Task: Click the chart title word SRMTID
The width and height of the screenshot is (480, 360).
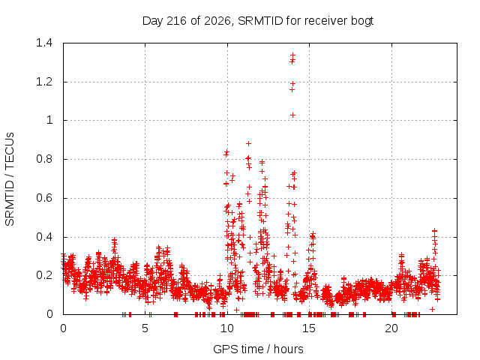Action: coord(260,21)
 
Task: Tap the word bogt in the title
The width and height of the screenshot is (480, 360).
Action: coord(361,22)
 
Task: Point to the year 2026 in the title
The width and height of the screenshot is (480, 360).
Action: coord(217,21)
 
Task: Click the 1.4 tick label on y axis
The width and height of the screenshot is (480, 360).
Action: coord(44,43)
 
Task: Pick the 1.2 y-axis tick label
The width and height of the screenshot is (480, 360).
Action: coord(44,82)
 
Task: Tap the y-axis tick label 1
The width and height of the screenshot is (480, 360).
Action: coord(49,120)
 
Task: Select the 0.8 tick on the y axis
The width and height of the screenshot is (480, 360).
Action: coord(44,159)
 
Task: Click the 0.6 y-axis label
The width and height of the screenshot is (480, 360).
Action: coord(44,198)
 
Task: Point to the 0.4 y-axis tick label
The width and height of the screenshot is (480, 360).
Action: coord(44,237)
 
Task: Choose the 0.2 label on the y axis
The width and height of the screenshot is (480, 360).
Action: coord(44,275)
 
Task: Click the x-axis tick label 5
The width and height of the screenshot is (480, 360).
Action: coord(145,328)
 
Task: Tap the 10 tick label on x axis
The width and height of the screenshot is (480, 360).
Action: coord(227,328)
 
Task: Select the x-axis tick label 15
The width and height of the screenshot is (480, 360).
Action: coord(309,328)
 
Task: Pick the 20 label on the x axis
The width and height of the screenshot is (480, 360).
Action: coord(391,328)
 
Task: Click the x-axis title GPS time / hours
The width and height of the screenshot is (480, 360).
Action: coord(258,349)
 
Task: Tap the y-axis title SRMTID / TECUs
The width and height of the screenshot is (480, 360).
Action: coord(10,179)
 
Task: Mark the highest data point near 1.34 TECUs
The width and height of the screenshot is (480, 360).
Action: coord(293,55)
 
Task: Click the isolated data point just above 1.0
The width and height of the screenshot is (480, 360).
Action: coord(293,115)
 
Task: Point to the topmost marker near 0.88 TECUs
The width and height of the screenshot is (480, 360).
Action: coord(248,143)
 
